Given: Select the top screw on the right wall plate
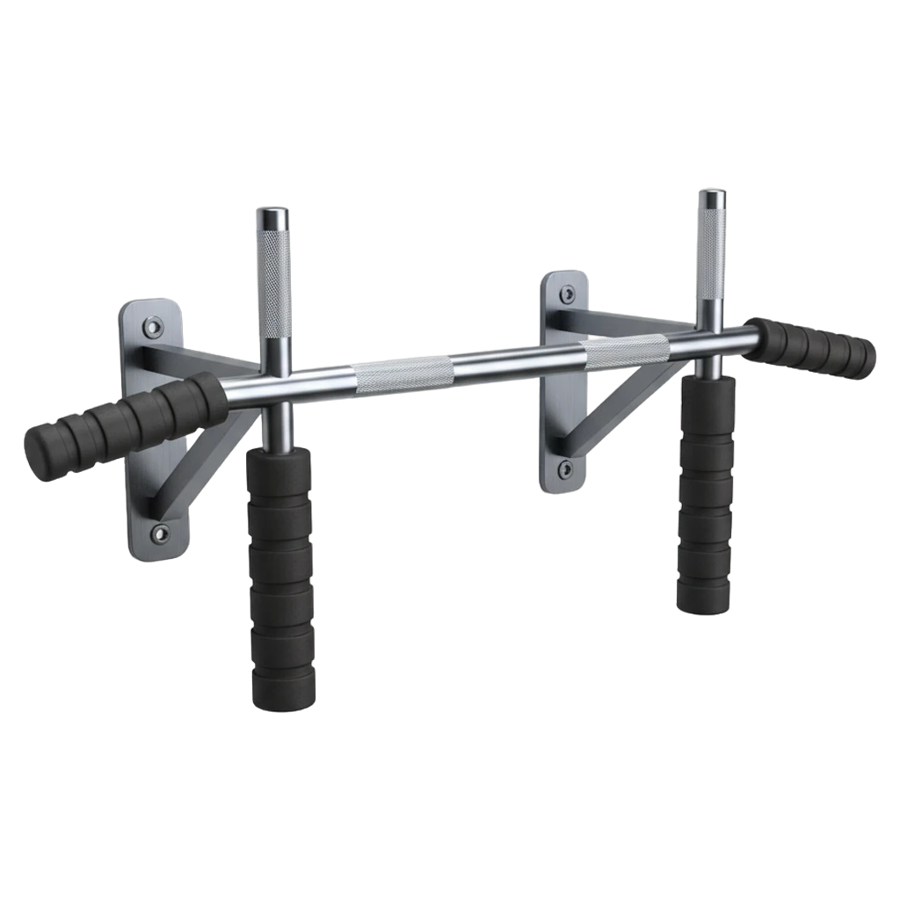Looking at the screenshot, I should [x=566, y=294].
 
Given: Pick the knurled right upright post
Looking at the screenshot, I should [x=712, y=255].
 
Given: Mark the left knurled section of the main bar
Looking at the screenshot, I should [x=404, y=374].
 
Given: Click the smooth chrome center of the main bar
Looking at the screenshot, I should [x=519, y=362].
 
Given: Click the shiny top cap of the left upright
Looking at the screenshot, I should [x=273, y=214].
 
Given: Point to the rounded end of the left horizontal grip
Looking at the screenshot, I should [x=40, y=453].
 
